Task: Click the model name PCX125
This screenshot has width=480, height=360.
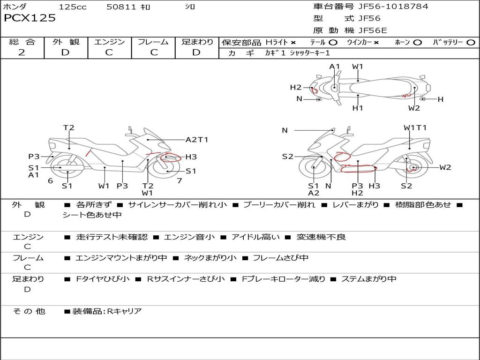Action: pyautogui.click(x=30, y=18)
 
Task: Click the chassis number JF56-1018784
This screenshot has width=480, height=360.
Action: pyautogui.click(x=393, y=7)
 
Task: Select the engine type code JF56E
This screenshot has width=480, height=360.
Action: pyautogui.click(x=373, y=30)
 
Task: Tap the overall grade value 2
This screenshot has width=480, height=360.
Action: pyautogui.click(x=22, y=52)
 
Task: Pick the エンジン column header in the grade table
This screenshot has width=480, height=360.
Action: pyautogui.click(x=109, y=42)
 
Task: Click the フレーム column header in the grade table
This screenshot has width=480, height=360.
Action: pyautogui.click(x=153, y=42)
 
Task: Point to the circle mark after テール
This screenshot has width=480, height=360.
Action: pyautogui.click(x=333, y=43)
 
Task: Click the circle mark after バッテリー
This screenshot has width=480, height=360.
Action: pyautogui.click(x=471, y=43)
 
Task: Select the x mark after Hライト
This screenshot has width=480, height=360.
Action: pyautogui.click(x=293, y=43)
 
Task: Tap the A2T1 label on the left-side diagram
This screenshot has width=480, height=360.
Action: pyautogui.click(x=197, y=140)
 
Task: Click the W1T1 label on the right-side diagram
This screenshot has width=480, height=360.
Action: pyautogui.click(x=415, y=127)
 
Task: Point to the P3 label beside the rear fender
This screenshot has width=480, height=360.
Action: pyautogui.click(x=34, y=157)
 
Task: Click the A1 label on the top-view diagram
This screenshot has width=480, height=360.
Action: pyautogui.click(x=335, y=67)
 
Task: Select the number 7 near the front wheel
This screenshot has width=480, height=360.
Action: pyautogui.click(x=180, y=180)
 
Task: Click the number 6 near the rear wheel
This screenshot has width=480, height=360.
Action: pyautogui.click(x=51, y=180)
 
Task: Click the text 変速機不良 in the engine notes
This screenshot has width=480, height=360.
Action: pyautogui.click(x=321, y=237)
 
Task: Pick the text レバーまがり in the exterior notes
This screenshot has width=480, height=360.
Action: pyautogui.click(x=356, y=204)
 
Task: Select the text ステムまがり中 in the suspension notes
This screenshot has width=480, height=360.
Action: pyautogui.click(x=369, y=279)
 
